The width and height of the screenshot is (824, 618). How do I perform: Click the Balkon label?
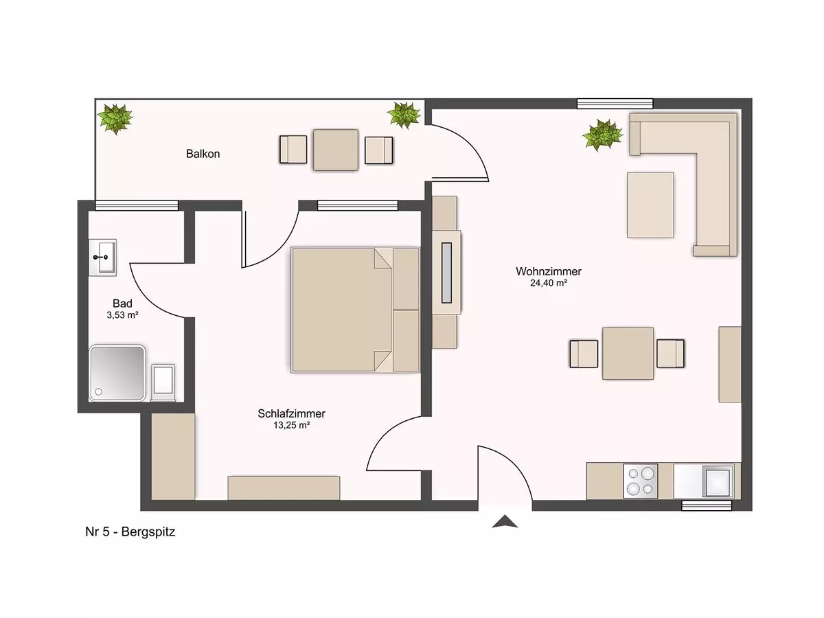(203, 154)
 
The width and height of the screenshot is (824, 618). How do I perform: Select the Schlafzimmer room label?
(291, 413)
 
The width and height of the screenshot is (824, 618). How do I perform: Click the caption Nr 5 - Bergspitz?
(130, 531)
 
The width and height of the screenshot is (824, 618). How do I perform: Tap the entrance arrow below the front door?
(505, 522)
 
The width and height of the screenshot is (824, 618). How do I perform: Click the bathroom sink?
(102, 257)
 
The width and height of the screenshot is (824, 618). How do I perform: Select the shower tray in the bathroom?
(117, 374)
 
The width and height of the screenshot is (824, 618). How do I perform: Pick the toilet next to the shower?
(163, 382)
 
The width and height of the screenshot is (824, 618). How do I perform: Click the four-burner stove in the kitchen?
(641, 481)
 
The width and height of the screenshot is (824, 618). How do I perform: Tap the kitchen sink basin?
(718, 481)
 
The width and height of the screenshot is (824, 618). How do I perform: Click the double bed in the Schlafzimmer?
(355, 310)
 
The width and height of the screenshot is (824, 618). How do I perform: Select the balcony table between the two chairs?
(336, 150)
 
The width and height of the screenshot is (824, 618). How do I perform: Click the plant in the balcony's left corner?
(115, 118)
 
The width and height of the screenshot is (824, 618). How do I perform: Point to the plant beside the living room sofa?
(603, 135)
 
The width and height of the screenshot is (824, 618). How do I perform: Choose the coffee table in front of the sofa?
(650, 205)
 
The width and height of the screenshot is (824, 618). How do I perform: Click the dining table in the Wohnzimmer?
(628, 354)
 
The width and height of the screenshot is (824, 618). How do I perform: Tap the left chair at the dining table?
(584, 354)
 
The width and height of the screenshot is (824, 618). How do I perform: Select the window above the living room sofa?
(615, 104)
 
